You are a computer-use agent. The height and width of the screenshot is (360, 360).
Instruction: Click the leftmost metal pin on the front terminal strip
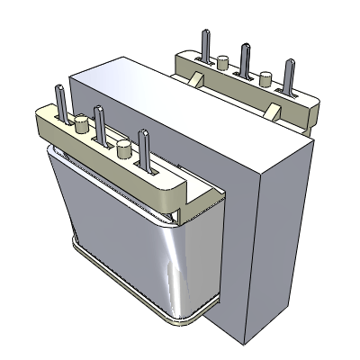pos(60,100)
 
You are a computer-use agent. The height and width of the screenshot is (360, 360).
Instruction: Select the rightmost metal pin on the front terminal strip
pos(142,148)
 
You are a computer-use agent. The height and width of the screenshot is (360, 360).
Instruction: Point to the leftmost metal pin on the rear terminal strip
pos(202,40)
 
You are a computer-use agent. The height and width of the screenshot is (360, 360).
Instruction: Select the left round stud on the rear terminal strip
pos(221,61)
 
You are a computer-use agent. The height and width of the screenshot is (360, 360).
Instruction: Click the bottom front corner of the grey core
pos(243,342)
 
